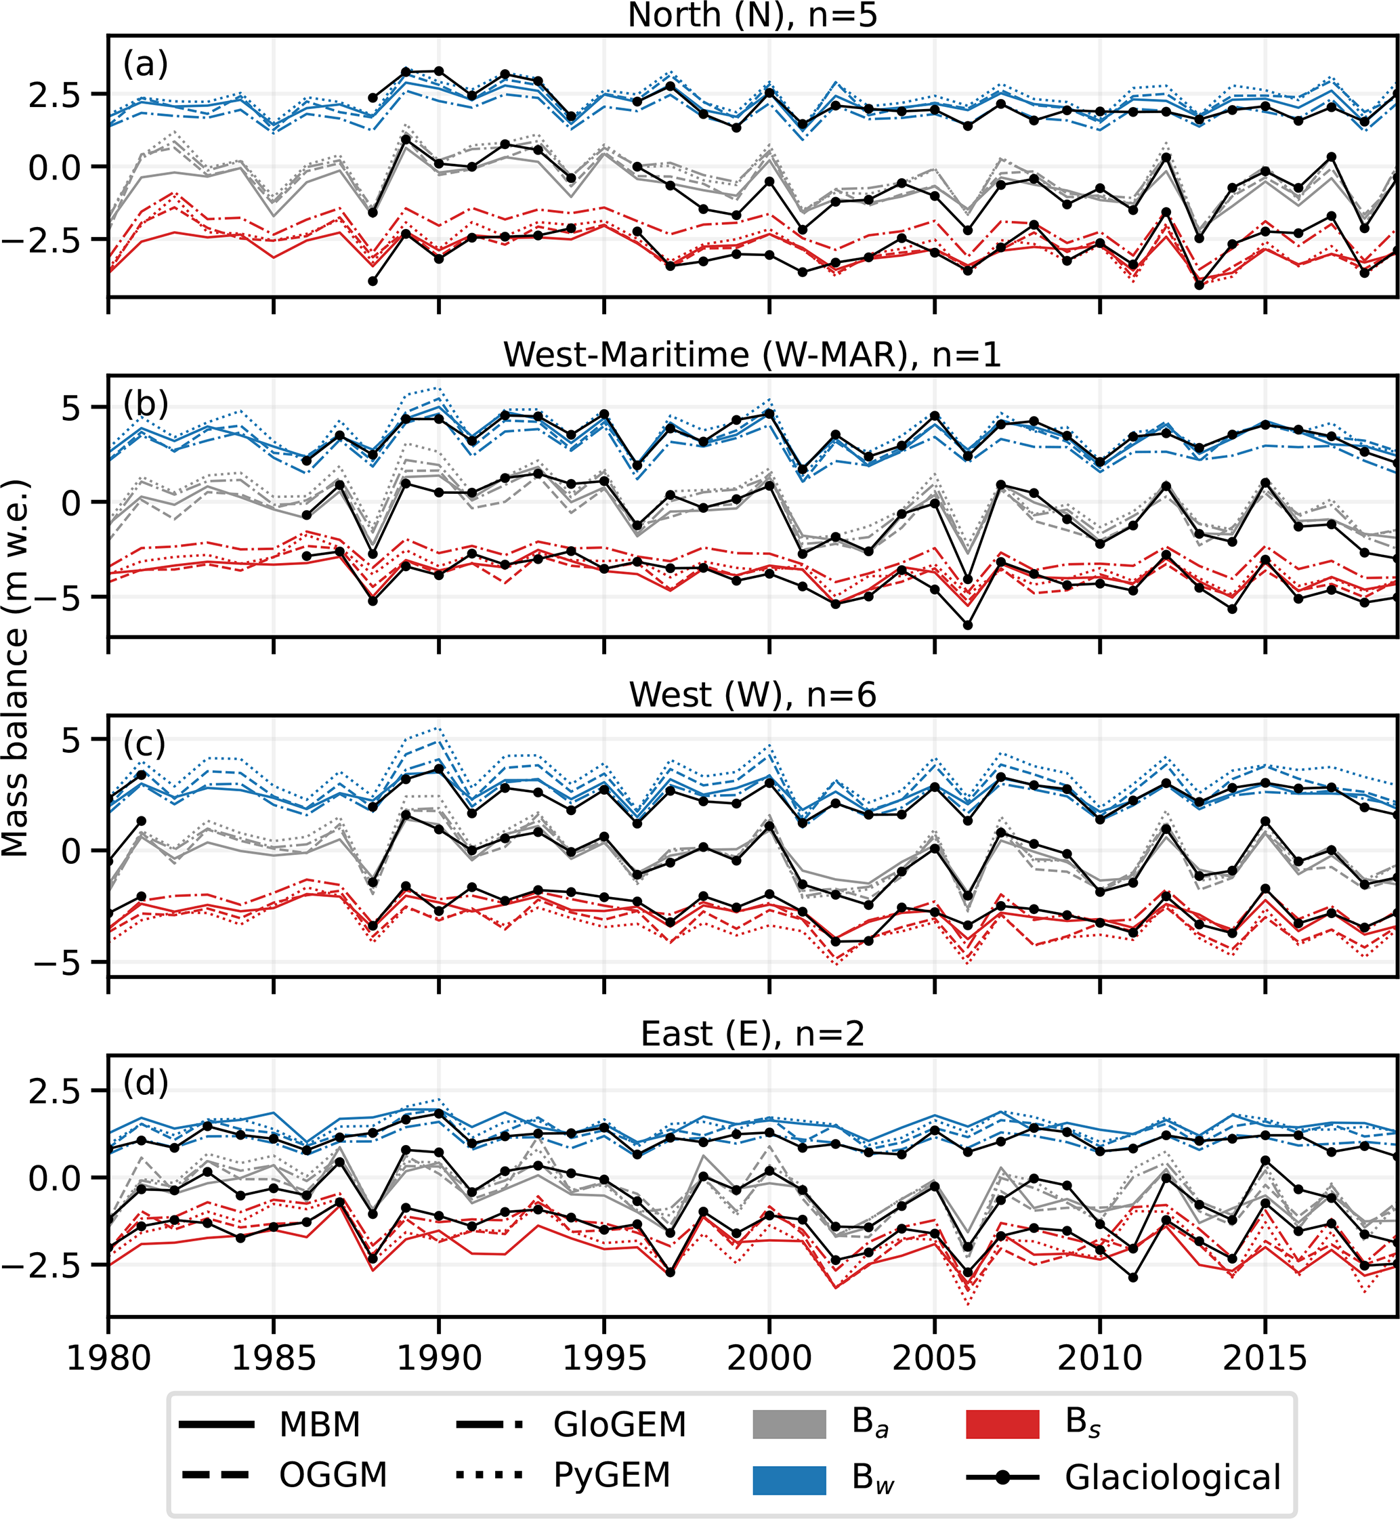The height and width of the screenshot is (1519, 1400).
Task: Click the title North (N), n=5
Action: [x=752, y=15]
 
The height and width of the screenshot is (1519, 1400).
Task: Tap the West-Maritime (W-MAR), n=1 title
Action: [x=752, y=354]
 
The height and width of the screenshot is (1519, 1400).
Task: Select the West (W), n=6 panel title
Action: [x=752, y=694]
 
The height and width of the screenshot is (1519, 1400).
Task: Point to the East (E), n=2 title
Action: [x=752, y=1034]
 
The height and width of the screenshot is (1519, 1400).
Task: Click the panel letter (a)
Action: [x=146, y=64]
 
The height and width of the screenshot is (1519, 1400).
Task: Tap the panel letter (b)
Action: [x=146, y=404]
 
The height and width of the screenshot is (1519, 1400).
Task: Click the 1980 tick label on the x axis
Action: [x=108, y=1358]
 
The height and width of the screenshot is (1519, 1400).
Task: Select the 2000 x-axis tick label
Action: [x=769, y=1358]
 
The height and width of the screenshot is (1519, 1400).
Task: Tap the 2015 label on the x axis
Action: [x=1265, y=1358]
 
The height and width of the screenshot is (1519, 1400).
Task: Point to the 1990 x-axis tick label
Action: [x=439, y=1358]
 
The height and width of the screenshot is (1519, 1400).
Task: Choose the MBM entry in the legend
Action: [x=319, y=1425]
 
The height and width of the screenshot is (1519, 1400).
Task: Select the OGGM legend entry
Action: [x=333, y=1475]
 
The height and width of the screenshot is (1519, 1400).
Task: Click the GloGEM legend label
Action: [x=619, y=1425]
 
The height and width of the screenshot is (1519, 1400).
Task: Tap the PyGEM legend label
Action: [x=612, y=1475]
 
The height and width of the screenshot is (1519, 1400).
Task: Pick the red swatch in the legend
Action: [x=1002, y=1425]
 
